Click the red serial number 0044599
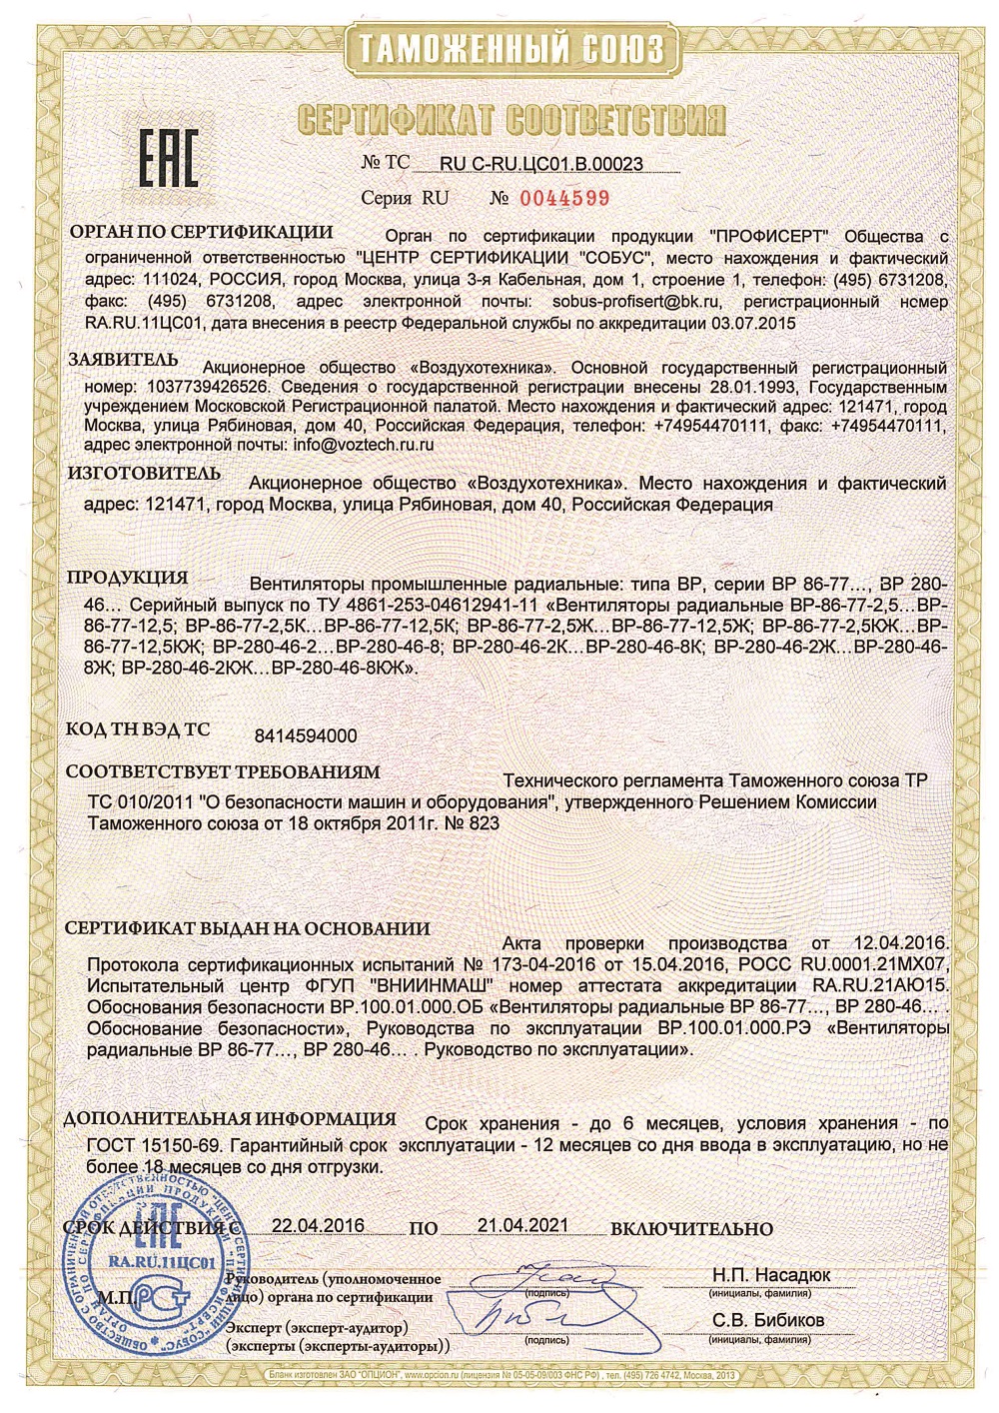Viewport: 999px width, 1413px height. [x=564, y=197]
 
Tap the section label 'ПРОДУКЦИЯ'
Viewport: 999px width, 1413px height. [x=127, y=578]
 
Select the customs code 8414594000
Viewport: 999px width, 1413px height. [x=307, y=735]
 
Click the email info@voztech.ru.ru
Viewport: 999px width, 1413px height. [x=363, y=444]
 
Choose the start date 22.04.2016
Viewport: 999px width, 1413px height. [x=318, y=1225]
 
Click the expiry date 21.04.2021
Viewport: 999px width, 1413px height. [x=522, y=1225]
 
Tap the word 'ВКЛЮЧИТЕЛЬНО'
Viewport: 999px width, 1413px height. [x=691, y=1228]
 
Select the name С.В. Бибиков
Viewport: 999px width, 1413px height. [x=769, y=1320]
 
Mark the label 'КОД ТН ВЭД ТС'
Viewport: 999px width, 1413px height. [x=138, y=729]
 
